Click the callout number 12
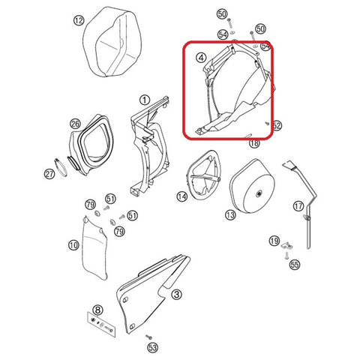(x=79, y=21)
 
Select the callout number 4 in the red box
(x=200, y=56)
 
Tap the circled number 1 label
(x=143, y=99)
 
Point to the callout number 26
(x=75, y=124)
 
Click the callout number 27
(x=49, y=174)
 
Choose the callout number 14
(x=181, y=196)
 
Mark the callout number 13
(x=230, y=215)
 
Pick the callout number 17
(x=298, y=205)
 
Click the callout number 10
(x=73, y=244)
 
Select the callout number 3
(x=175, y=295)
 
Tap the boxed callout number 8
(x=97, y=310)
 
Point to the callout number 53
(x=153, y=348)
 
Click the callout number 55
(x=294, y=265)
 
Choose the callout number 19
(x=274, y=241)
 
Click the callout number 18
(x=253, y=142)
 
